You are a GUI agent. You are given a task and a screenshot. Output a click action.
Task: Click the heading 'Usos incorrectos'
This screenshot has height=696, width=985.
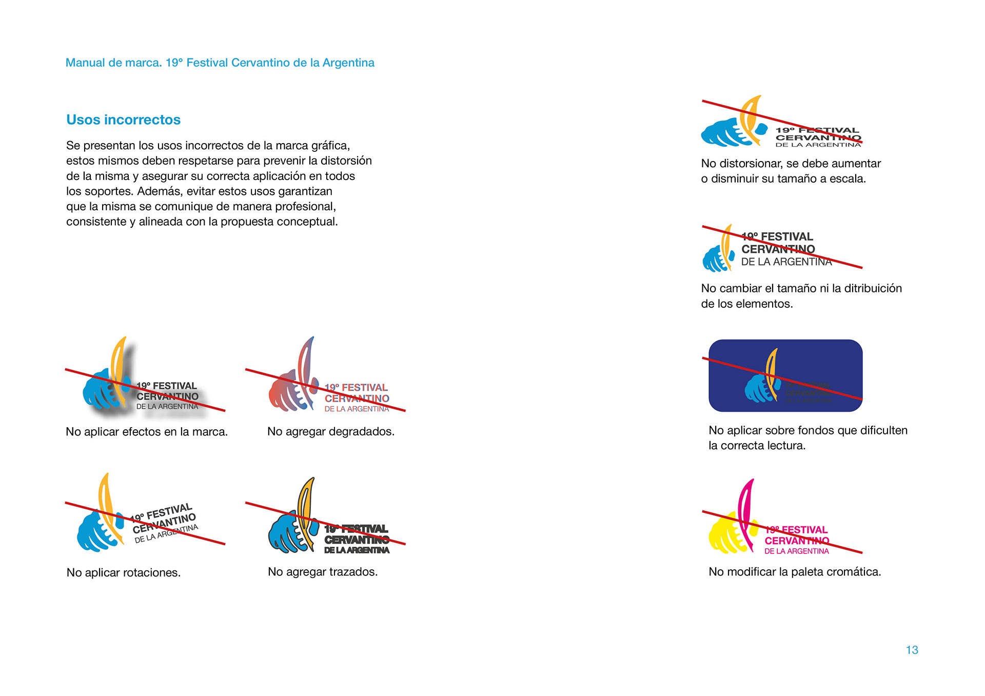123,120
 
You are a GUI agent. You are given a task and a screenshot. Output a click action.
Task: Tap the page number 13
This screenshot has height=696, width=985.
912,650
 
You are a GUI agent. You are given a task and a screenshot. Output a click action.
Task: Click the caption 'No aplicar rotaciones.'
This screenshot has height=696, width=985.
124,572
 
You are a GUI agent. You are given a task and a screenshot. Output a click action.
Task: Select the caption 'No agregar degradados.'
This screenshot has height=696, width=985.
331,431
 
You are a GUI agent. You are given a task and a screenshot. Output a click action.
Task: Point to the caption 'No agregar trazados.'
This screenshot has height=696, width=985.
323,571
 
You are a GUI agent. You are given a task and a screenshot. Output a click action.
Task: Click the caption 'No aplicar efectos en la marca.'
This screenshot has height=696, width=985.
147,432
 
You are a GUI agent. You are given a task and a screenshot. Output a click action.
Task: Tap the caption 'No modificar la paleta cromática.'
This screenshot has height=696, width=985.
795,571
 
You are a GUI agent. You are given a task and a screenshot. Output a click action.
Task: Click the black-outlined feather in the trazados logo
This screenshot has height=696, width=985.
306,505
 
